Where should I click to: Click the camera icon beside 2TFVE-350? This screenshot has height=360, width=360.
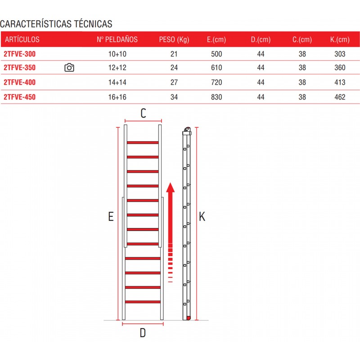(x=69, y=67)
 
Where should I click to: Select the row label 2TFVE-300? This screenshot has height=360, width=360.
(x=19, y=54)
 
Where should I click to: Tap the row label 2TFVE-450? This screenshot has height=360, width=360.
(x=19, y=97)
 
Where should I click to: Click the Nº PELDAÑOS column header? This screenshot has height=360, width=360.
(x=117, y=40)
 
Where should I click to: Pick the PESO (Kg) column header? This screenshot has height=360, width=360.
(x=174, y=40)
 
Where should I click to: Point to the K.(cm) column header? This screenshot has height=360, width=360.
(x=340, y=40)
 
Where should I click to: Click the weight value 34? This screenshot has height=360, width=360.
(x=174, y=97)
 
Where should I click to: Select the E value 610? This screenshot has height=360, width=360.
(x=216, y=67)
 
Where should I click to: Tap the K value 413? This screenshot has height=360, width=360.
(x=340, y=82)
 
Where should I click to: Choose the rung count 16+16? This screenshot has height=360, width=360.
(x=117, y=97)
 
